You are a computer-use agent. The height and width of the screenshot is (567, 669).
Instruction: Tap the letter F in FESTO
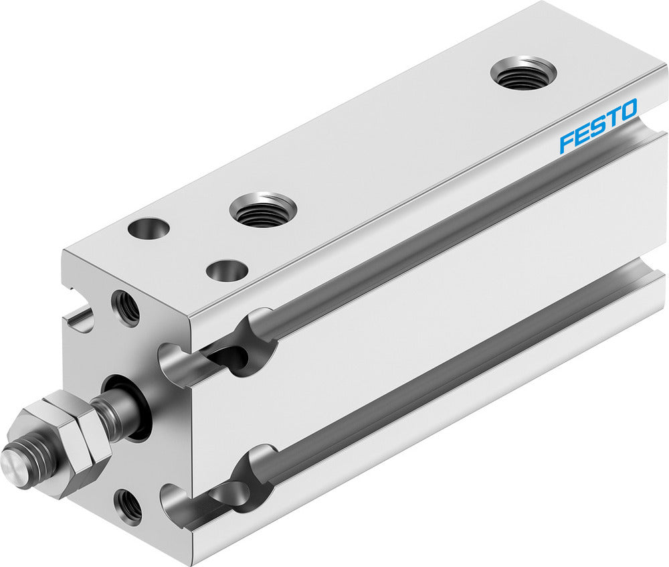point(566,142)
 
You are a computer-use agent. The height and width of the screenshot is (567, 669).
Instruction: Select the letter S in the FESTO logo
point(597,126)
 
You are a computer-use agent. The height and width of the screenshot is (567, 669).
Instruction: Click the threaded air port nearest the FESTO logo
point(523,73)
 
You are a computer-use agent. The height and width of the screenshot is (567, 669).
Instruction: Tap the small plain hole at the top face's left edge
point(149,229)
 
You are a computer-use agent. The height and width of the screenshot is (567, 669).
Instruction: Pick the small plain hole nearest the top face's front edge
point(227,270)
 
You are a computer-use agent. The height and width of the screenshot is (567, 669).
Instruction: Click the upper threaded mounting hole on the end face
point(126,307)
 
